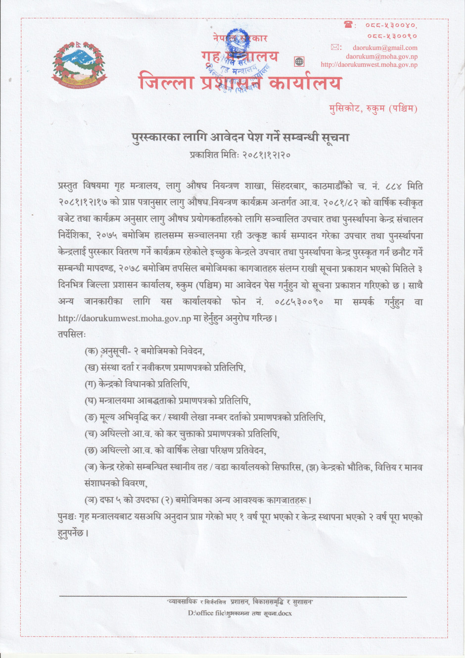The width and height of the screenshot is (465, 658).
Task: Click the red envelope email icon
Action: click(x=336, y=48)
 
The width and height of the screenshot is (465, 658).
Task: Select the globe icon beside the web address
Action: click(x=299, y=61)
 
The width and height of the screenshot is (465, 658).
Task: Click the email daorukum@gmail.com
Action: click(x=385, y=48)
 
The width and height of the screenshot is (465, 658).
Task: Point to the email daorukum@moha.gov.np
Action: click(x=381, y=56)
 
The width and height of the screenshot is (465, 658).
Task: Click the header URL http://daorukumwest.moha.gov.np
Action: click(x=369, y=65)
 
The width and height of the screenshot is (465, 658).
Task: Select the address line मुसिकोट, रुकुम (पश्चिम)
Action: click(x=373, y=108)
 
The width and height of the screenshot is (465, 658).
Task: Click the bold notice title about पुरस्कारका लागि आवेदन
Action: click(x=240, y=137)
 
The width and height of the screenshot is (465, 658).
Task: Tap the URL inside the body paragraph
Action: click(x=124, y=318)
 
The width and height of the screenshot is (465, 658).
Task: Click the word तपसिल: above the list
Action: click(x=72, y=334)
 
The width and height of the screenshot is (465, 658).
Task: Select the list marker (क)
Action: click(x=91, y=351)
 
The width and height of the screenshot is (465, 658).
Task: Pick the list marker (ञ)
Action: click(x=91, y=500)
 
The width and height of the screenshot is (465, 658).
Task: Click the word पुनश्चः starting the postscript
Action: click(x=67, y=517)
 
